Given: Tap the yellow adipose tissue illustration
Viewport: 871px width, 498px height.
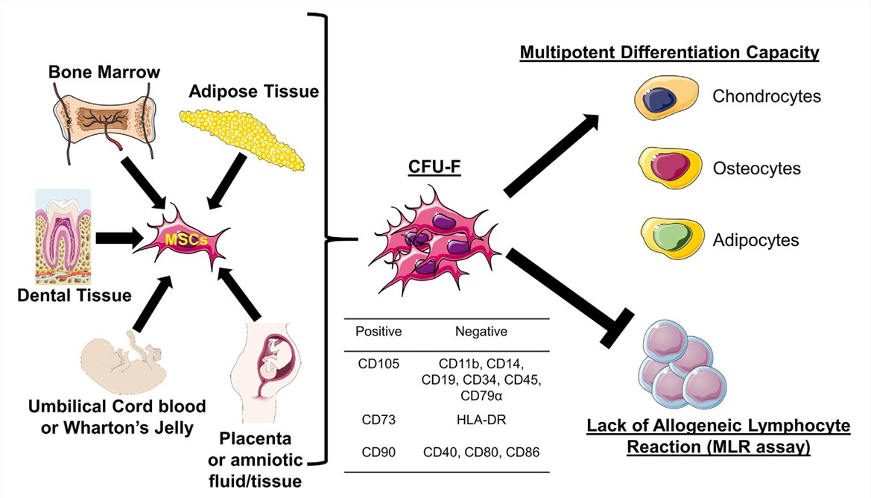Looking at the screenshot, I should (x=243, y=139).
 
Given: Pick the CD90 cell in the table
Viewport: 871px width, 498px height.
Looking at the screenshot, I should (x=379, y=453).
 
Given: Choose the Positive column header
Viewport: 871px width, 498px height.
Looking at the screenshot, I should (x=379, y=332).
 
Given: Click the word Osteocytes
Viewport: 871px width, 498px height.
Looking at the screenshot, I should (x=756, y=168).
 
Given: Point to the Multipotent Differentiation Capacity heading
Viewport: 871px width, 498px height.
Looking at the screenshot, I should (x=669, y=54).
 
